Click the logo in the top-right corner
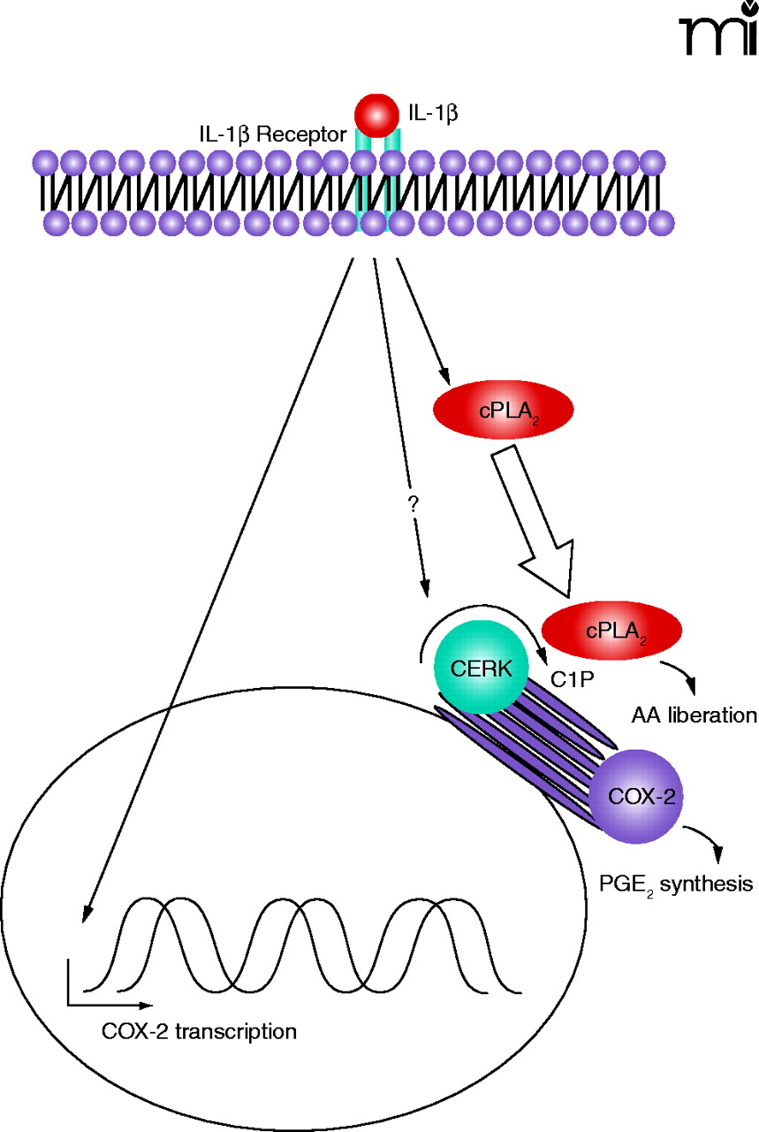(x=717, y=31)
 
